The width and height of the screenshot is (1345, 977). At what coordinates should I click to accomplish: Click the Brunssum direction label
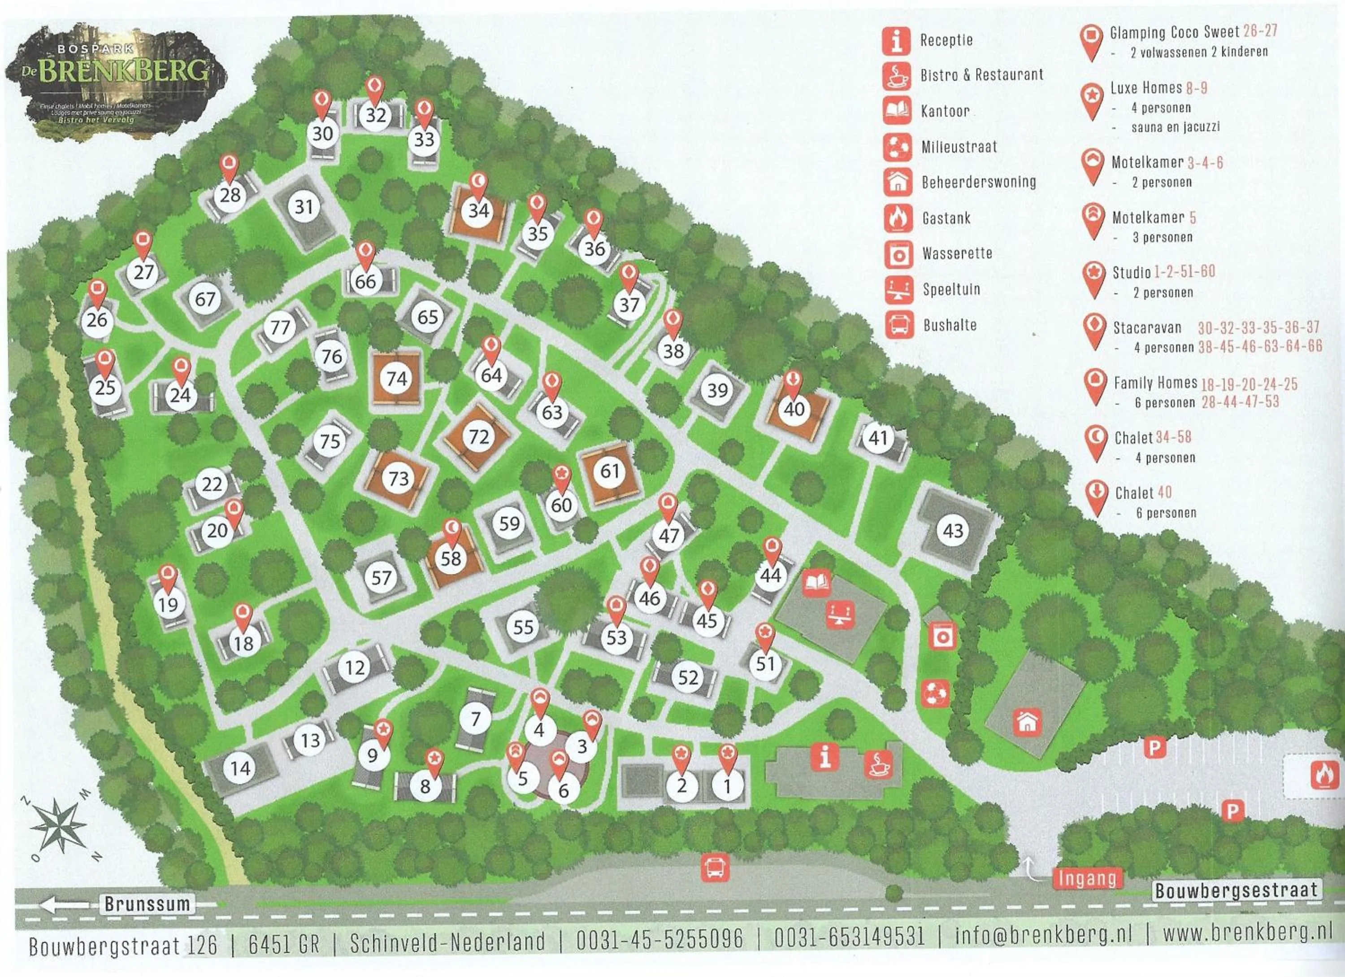(147, 904)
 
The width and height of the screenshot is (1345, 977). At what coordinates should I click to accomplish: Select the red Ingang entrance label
(1088, 878)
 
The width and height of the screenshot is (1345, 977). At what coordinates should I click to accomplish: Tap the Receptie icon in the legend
(896, 40)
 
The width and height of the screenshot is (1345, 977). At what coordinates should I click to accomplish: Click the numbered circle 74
(396, 379)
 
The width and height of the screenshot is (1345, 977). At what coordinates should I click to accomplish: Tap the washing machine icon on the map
(942, 637)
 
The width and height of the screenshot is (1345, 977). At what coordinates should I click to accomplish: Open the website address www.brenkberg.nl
(1246, 933)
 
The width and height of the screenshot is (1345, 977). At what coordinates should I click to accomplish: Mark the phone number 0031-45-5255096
(659, 938)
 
